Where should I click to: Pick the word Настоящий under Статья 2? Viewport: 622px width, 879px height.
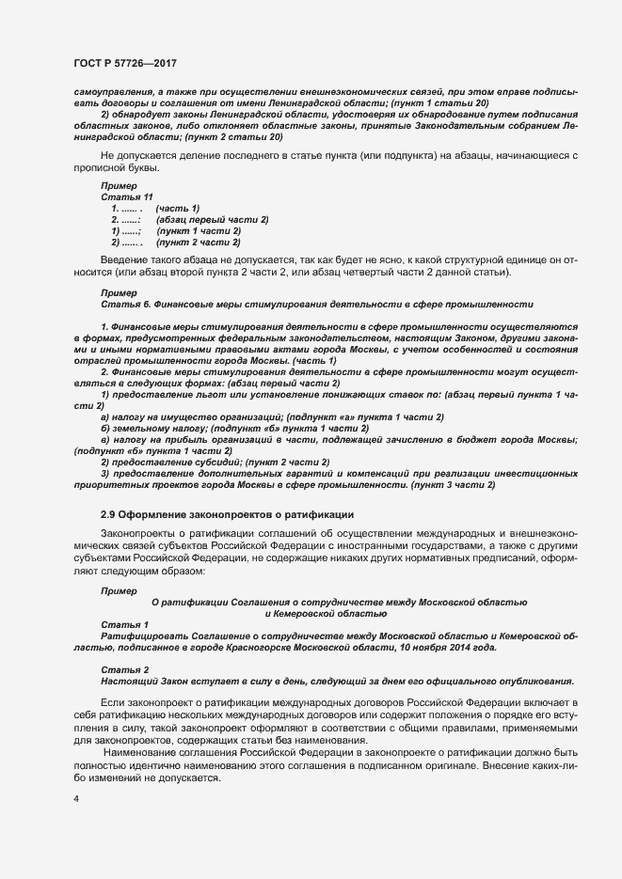click(126, 680)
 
